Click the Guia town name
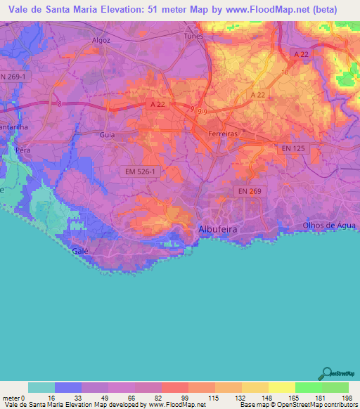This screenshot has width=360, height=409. [x=108, y=134]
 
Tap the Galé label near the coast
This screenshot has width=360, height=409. [x=79, y=251]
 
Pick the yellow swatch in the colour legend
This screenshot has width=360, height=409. [x=281, y=387]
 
